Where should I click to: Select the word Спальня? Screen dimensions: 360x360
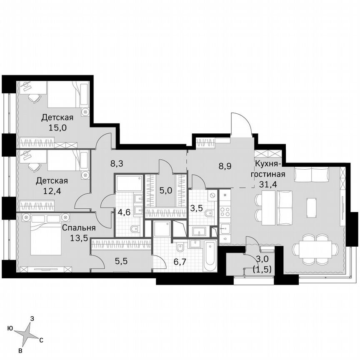tap(79, 228)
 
